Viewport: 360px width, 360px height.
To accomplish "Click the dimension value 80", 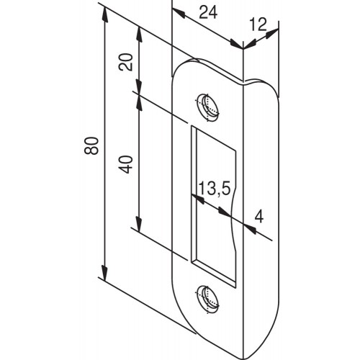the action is coord(91,145).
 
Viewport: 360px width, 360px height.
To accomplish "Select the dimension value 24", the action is coord(208,12).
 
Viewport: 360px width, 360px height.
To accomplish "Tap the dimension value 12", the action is coord(258,24).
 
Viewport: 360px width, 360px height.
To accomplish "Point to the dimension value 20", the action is coord(125,62).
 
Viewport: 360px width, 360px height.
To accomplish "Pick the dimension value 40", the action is coord(125,164).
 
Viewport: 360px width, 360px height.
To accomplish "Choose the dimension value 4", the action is coord(259,217).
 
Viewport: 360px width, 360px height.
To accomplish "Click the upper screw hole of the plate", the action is coord(207,107).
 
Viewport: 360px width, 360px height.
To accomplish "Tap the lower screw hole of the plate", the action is coord(207,300).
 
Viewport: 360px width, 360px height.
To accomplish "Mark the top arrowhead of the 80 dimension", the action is coord(104,14).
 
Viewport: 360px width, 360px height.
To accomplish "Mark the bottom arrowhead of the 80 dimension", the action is coord(104,272).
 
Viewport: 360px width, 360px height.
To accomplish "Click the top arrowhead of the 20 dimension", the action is coord(139,35).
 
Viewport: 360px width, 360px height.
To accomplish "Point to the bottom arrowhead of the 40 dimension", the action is coord(139,224).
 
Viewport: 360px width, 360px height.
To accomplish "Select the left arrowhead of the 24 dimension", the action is coord(179,13).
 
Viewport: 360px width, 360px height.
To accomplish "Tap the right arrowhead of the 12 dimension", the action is coord(271,34).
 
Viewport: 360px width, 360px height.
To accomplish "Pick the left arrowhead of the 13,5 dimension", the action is coord(197,199).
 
